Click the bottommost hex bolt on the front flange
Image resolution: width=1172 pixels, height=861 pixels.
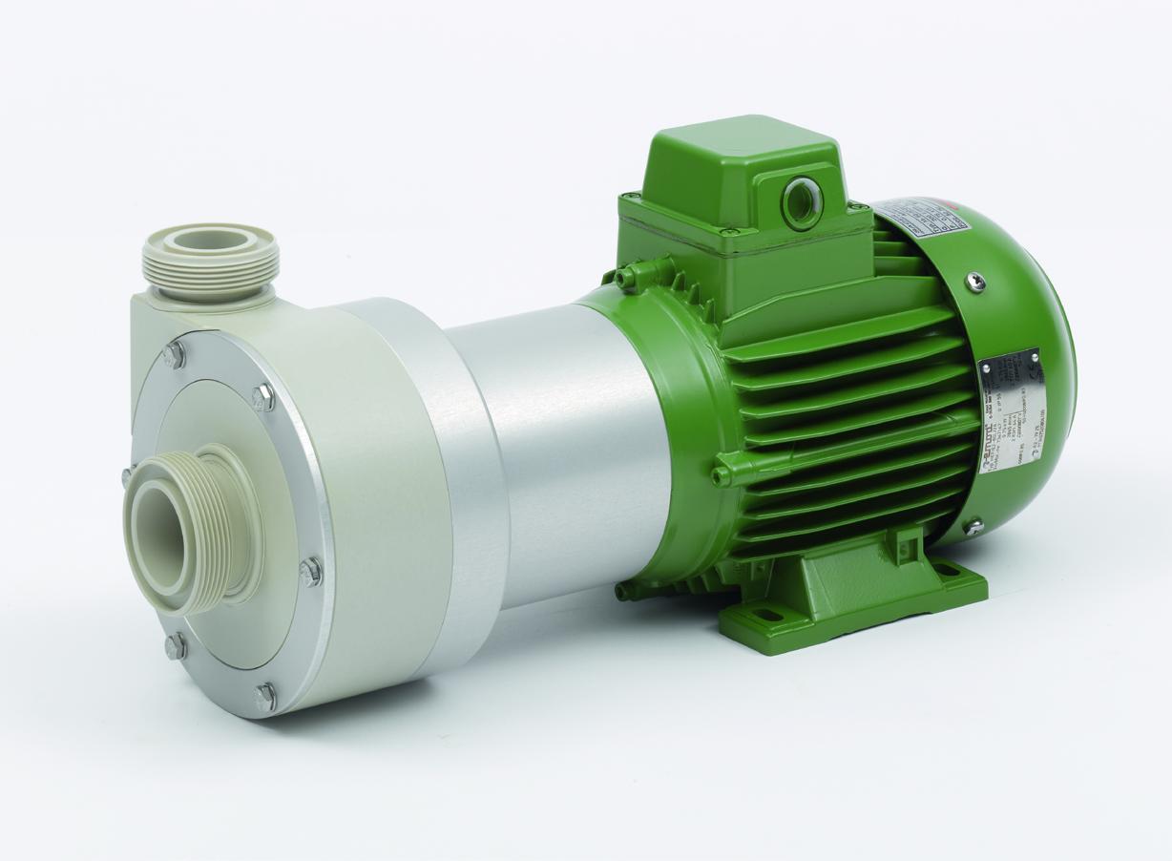click(265, 695)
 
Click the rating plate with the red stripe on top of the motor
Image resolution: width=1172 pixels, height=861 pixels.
click(921, 219)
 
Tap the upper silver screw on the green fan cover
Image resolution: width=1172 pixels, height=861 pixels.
click(973, 281)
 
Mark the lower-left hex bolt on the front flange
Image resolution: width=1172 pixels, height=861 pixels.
click(175, 646)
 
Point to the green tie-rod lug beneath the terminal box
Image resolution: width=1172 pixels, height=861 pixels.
click(626, 277)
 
